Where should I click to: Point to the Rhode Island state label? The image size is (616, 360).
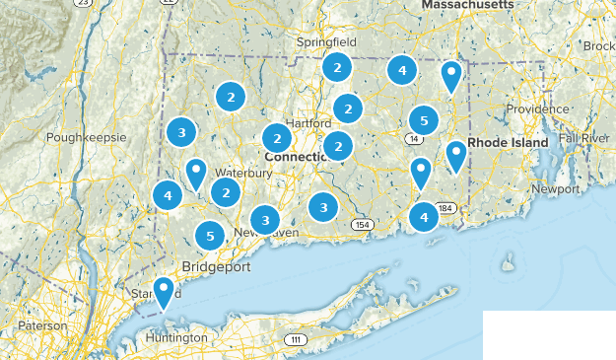click(x=508, y=143)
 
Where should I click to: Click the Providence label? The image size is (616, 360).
click(x=538, y=108)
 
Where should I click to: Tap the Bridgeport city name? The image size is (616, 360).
click(x=216, y=267)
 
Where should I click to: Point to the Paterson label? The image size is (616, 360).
click(x=41, y=324)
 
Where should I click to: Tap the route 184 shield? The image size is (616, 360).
click(x=446, y=208)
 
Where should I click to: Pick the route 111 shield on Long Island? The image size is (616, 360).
click(x=295, y=339)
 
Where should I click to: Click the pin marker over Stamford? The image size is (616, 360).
click(x=165, y=289)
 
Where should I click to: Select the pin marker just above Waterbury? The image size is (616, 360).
click(x=196, y=172)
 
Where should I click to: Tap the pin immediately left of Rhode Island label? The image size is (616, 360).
click(x=455, y=154)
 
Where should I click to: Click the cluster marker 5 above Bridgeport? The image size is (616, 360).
click(x=209, y=236)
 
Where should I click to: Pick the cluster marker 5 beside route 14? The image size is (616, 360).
click(x=423, y=120)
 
